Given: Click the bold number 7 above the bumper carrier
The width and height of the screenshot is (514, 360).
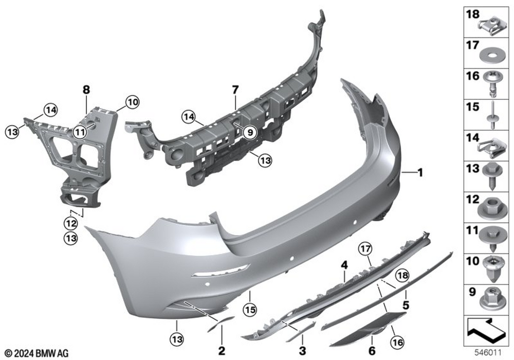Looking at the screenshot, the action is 235,89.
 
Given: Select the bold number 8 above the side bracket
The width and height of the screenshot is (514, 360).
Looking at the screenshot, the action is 86,89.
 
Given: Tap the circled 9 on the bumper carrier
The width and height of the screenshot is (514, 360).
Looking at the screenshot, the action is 250,133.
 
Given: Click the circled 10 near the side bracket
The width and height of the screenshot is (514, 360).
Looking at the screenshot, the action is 133,102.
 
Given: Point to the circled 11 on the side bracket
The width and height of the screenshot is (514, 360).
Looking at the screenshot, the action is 80,133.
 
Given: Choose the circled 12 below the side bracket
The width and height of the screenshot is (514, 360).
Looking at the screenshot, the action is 71,224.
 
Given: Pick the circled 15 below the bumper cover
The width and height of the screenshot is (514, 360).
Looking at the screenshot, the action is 250,310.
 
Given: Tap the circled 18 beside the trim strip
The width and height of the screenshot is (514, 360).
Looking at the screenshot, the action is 402,276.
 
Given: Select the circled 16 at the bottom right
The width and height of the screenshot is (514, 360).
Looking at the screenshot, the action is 397,343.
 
